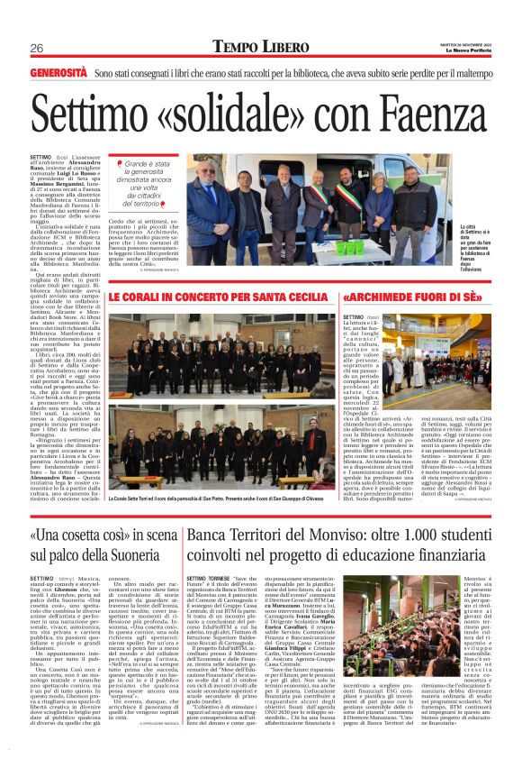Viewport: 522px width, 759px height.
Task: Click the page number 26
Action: (37, 48)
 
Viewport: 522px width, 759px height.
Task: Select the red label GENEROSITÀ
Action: (58, 71)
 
